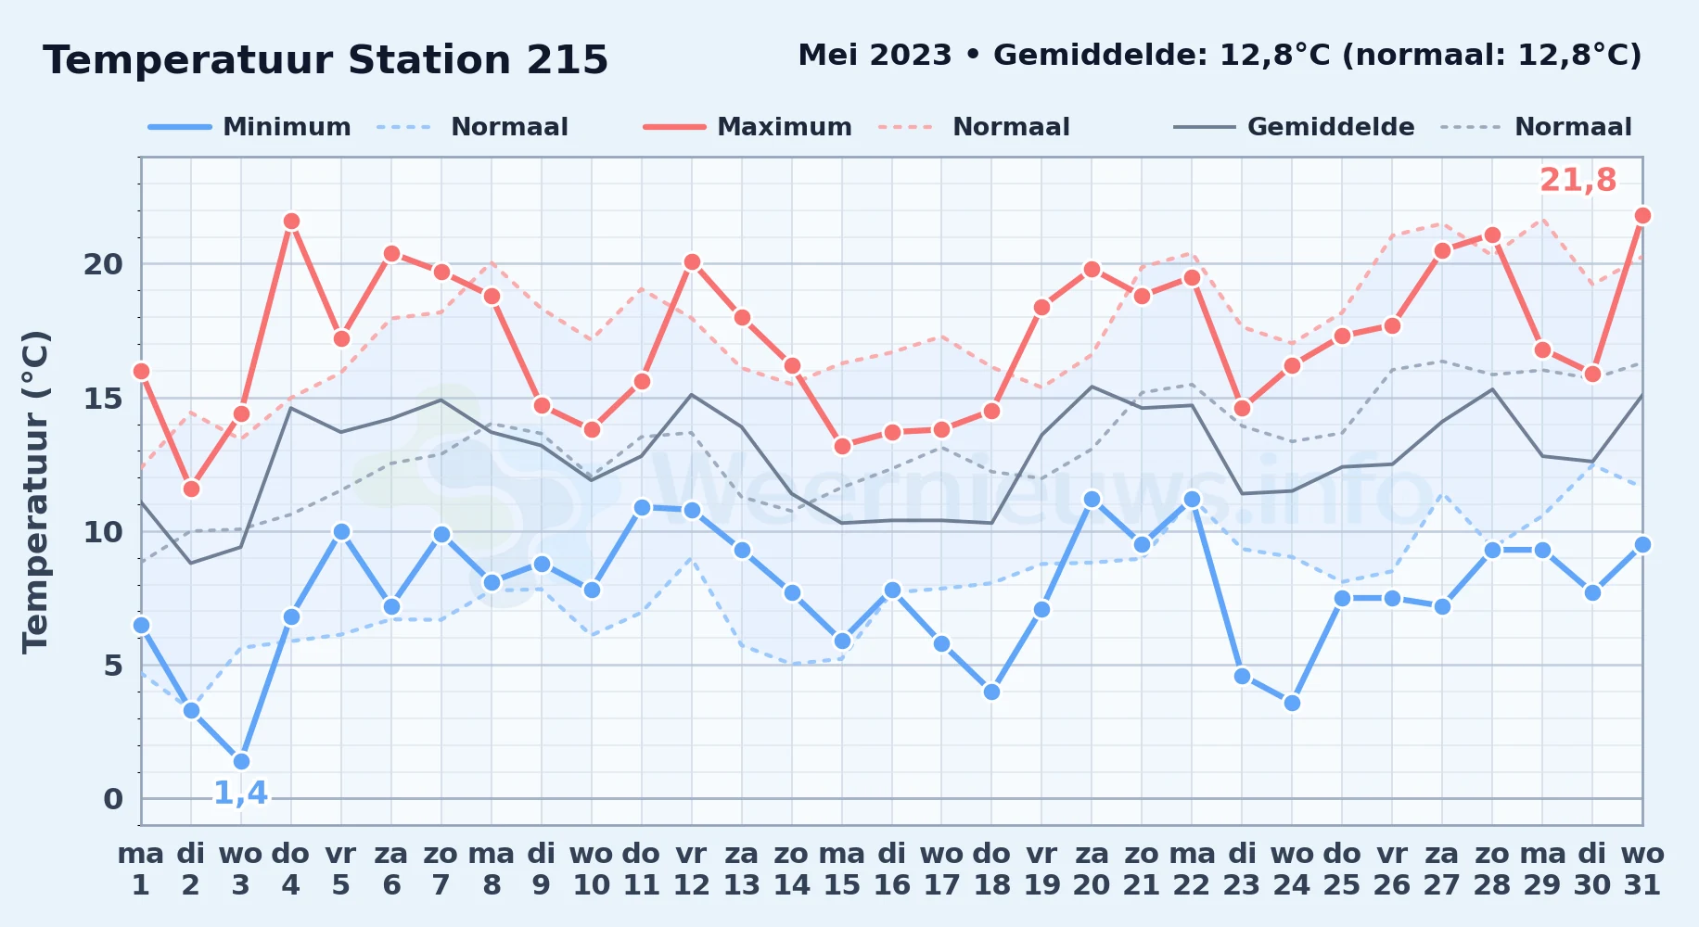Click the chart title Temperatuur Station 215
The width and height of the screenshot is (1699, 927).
click(326, 60)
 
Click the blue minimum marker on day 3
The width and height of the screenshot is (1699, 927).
click(241, 761)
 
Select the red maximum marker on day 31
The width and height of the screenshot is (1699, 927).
click(1642, 215)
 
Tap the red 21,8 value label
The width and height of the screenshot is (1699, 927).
click(1578, 180)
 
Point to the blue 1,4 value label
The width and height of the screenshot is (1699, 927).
click(240, 794)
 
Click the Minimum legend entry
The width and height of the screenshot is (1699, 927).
click(250, 127)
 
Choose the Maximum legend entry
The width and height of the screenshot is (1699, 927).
click(747, 127)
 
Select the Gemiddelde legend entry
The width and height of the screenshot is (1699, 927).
click(1295, 127)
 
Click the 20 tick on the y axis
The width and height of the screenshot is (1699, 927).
click(103, 264)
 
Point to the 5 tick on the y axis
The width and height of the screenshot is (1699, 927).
click(113, 666)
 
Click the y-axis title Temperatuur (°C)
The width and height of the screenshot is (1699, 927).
click(35, 491)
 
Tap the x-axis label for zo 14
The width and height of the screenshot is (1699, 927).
click(791, 870)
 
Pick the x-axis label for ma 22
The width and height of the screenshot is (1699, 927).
click(1192, 870)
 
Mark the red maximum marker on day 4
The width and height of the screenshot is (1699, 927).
click(291, 221)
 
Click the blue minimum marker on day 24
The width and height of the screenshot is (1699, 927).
click(1292, 703)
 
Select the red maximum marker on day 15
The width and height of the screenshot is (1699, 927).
click(842, 446)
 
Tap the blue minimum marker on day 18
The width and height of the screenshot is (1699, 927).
click(991, 692)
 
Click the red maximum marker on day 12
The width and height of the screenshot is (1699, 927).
click(691, 261)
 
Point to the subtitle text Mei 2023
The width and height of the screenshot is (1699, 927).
click(875, 56)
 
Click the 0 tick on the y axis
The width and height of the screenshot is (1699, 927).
click(113, 799)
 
